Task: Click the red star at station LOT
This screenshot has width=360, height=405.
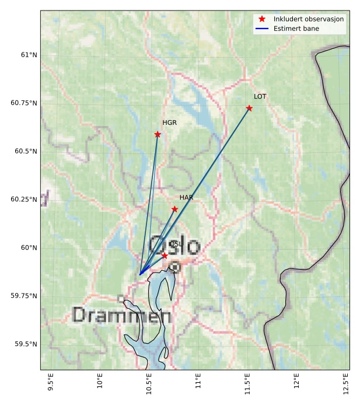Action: [x=249, y=108]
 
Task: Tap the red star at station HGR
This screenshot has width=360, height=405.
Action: [x=158, y=134]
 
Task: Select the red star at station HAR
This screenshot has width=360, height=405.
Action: [x=174, y=209]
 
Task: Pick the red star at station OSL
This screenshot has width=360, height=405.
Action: [x=165, y=256]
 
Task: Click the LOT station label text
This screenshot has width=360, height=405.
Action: [x=260, y=96]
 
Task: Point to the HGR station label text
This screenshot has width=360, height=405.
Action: [x=169, y=123]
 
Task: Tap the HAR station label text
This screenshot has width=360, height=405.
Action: [x=186, y=197]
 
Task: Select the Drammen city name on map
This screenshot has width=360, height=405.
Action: [x=122, y=316]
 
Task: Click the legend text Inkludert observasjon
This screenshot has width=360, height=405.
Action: [x=309, y=19]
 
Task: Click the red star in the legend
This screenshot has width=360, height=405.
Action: [x=261, y=19]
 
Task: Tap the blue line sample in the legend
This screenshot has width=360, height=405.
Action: [x=261, y=29]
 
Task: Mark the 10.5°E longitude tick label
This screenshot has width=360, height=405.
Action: [x=149, y=385]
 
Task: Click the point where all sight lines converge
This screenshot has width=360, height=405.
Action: [x=140, y=274]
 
